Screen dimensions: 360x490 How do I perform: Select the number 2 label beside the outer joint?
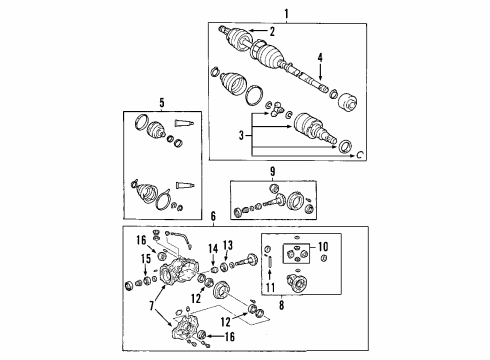271,32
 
